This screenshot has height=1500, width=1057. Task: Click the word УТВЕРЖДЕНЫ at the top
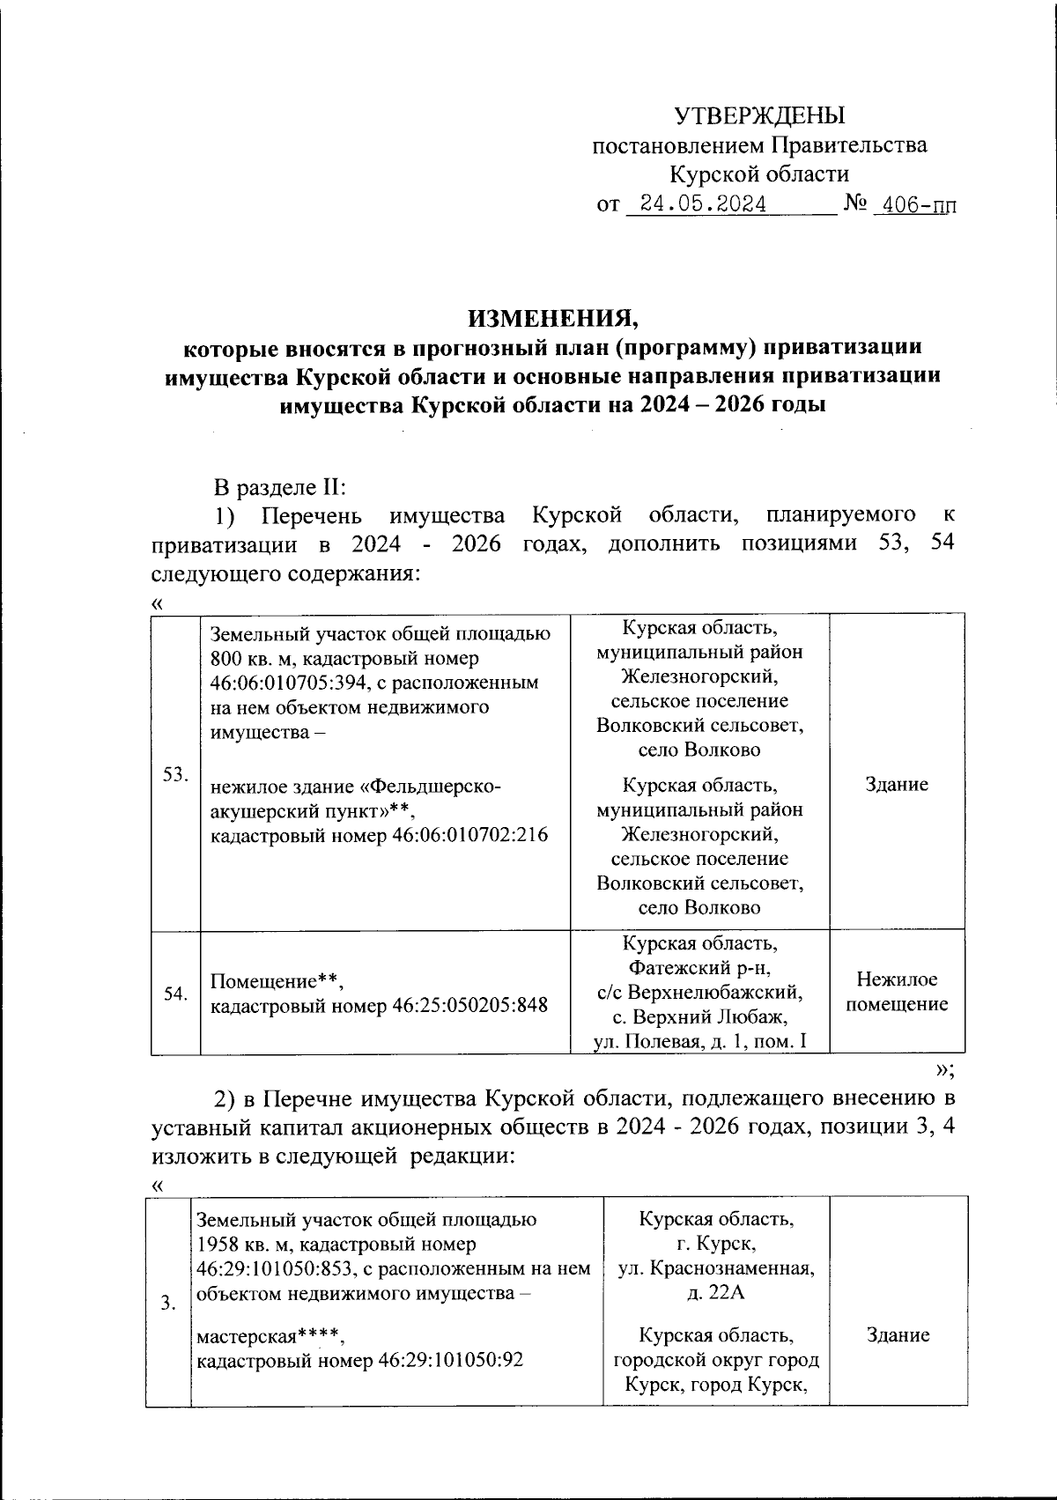(758, 115)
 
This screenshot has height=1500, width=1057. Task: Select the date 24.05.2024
(702, 204)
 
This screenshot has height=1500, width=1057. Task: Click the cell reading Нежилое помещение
(896, 992)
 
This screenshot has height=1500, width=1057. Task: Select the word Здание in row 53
(896, 785)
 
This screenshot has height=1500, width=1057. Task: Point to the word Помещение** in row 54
(275, 980)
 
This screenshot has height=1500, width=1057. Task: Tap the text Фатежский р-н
(699, 969)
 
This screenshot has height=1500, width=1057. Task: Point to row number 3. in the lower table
(167, 1304)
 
